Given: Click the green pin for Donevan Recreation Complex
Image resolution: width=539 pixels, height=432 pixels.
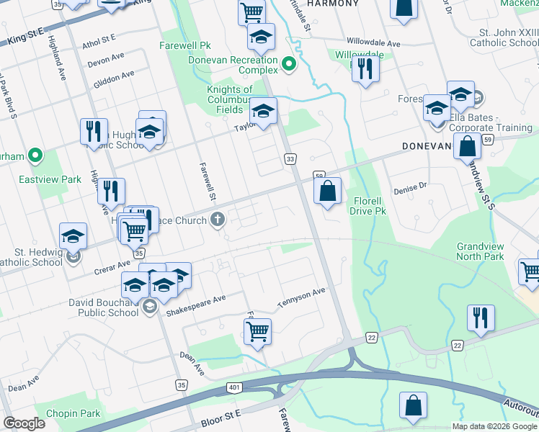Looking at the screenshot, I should pyautogui.click(x=289, y=65).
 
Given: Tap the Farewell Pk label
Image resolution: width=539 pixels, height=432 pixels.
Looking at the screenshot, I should pyautogui.click(x=184, y=45).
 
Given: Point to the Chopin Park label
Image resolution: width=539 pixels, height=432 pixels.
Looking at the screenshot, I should pyautogui.click(x=73, y=413).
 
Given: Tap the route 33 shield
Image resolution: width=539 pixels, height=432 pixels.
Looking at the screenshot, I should pyautogui.click(x=290, y=158).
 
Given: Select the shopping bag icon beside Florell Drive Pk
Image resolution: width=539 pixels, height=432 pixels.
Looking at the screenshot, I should pyautogui.click(x=327, y=191).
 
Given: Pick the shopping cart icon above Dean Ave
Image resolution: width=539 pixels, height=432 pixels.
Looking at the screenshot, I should pyautogui.click(x=257, y=331).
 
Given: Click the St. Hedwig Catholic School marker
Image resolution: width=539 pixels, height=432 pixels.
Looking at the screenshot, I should pyautogui.click(x=72, y=255).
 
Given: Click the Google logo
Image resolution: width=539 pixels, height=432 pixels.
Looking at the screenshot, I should pyautogui.click(x=24, y=423).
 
